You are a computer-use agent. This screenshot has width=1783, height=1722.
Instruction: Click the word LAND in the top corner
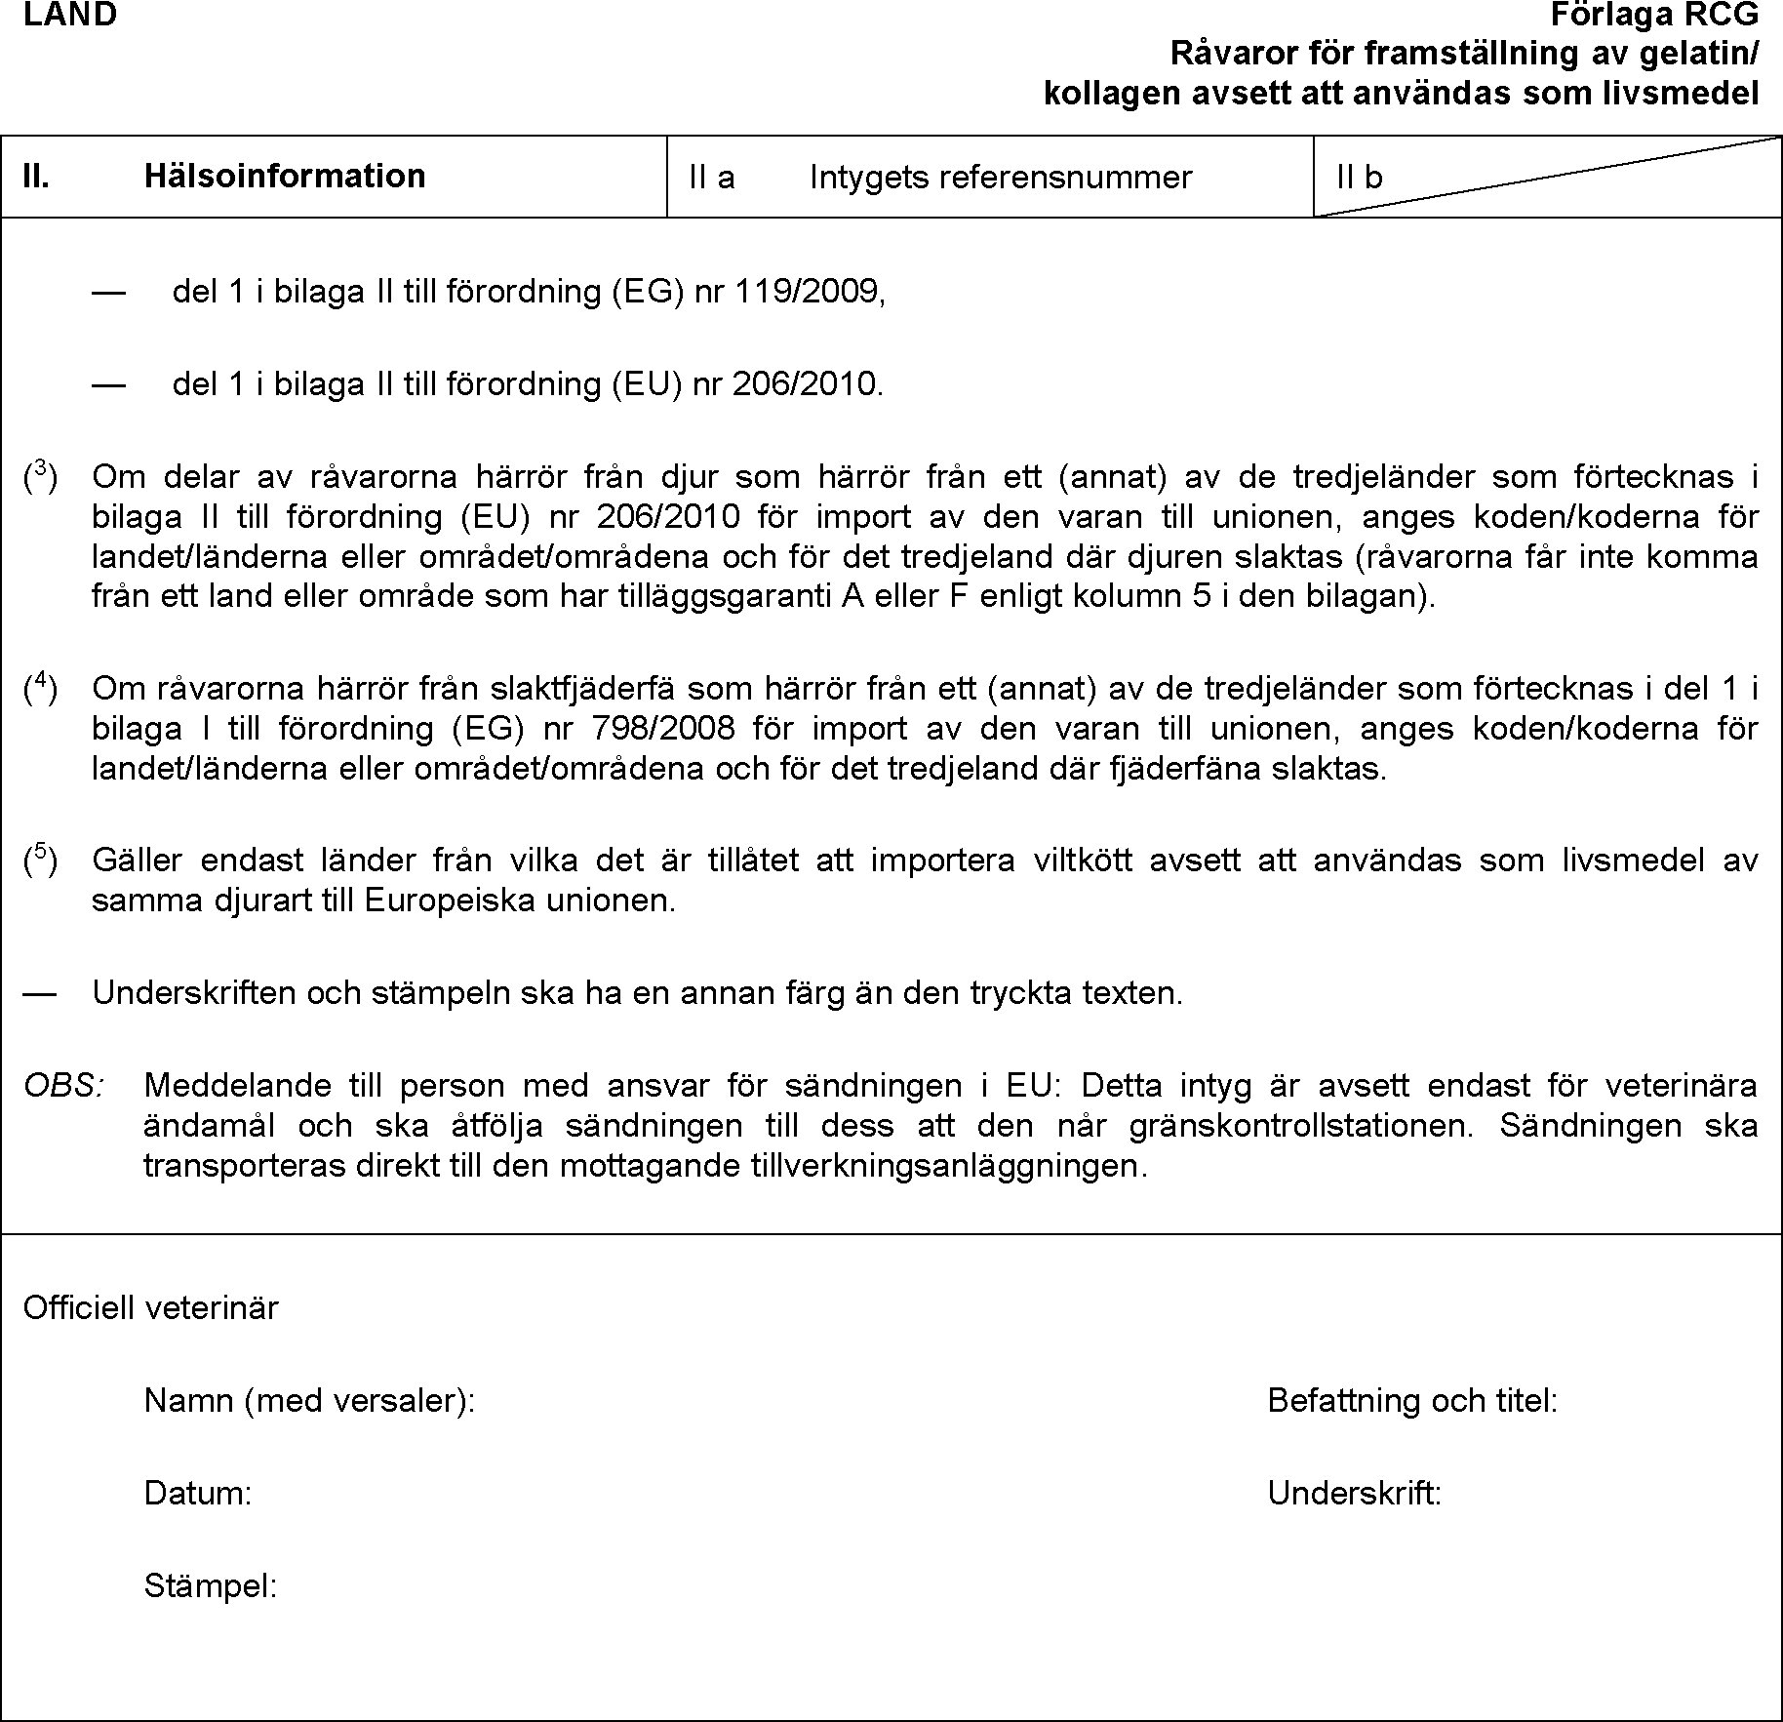pos(70,15)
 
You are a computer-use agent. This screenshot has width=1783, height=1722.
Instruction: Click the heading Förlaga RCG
pos(1655,15)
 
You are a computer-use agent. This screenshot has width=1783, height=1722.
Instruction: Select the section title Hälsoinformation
pos(285,176)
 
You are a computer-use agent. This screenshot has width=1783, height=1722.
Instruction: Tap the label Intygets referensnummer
pos(1001,177)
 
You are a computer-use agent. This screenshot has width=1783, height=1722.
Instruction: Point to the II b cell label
pos(1360,177)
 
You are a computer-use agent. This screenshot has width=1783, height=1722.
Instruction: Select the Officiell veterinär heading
pos(151,1307)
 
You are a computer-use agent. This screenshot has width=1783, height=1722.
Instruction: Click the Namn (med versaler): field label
pos(309,1401)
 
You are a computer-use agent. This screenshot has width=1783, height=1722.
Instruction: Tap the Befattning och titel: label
pos(1412,1401)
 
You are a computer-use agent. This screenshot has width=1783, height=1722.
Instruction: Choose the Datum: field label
pos(198,1493)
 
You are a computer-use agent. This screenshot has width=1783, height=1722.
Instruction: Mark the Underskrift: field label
pos(1355,1493)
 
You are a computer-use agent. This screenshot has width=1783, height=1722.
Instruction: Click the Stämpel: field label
pos(211,1585)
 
